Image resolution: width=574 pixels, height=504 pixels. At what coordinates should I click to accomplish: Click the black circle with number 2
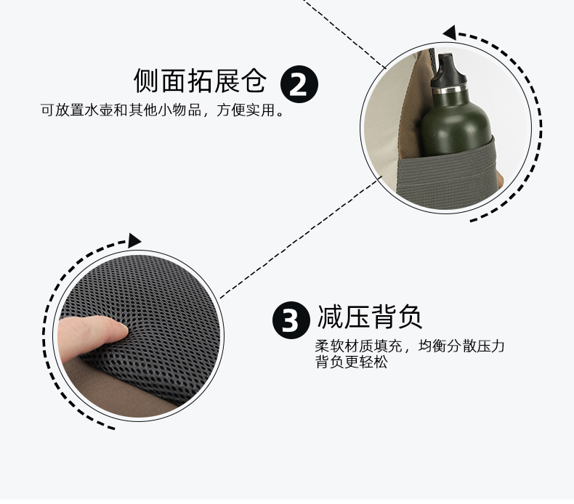tap(299, 84)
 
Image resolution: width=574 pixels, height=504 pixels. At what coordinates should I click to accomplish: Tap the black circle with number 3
tap(291, 320)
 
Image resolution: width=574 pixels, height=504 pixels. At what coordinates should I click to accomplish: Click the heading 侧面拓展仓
tap(200, 80)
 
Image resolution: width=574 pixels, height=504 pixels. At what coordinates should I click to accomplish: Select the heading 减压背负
tap(370, 317)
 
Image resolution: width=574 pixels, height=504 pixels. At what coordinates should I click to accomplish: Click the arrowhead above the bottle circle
tap(450, 33)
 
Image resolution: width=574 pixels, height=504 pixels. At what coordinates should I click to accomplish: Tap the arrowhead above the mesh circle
tap(134, 240)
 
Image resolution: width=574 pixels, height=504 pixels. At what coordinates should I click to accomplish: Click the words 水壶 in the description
tap(99, 110)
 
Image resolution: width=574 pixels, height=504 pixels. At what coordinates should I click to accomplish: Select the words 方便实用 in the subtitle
tap(246, 110)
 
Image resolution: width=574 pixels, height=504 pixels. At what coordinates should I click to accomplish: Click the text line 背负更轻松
tap(352, 362)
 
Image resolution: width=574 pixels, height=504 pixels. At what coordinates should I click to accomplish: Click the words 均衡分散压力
tap(461, 346)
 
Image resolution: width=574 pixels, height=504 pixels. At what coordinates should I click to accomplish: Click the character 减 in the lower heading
tap(329, 317)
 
